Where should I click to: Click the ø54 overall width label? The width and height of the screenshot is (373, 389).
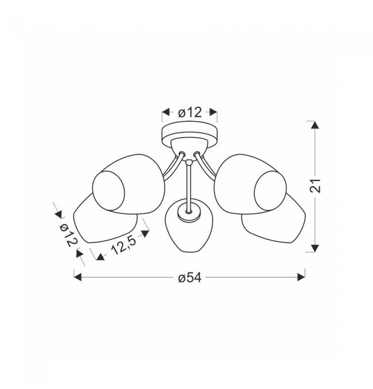point(189,278)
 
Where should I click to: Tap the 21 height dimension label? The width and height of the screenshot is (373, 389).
point(315,186)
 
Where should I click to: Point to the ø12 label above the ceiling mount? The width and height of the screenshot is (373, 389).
point(190,113)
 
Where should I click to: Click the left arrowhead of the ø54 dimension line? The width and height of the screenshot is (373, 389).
point(77,278)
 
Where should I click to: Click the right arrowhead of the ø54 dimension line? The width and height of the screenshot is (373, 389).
point(301,278)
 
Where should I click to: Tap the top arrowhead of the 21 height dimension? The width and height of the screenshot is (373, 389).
point(315,125)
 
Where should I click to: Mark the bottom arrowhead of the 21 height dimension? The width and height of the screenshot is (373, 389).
point(315,248)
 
